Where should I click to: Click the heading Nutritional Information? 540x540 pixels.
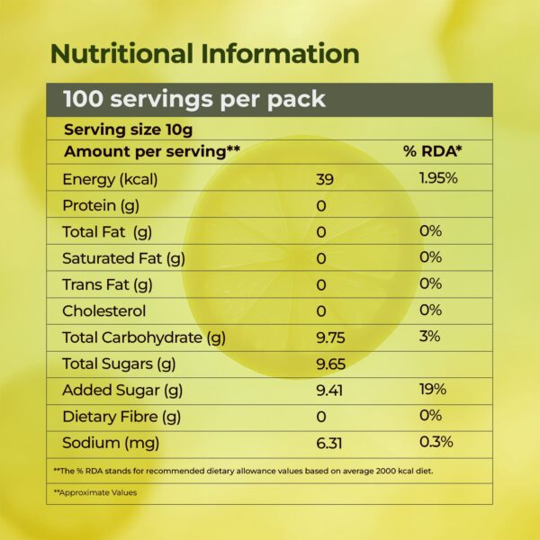click(204, 52)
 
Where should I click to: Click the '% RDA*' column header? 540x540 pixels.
click(432, 151)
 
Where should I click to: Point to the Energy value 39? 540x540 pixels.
click(325, 179)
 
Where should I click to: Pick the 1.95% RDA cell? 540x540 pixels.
click(438, 178)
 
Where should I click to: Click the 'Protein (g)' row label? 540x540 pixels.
click(100, 205)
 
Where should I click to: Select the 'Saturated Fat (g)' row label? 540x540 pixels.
click(123, 258)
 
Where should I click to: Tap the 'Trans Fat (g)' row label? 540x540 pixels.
click(108, 284)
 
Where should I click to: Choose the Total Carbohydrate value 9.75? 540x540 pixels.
click(332, 338)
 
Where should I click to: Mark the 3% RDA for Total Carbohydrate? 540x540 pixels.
click(429, 337)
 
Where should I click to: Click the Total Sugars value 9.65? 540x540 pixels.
click(332, 364)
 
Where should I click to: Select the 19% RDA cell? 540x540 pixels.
click(434, 390)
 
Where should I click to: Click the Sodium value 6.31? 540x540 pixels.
click(330, 443)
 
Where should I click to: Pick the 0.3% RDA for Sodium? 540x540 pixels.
click(436, 442)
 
